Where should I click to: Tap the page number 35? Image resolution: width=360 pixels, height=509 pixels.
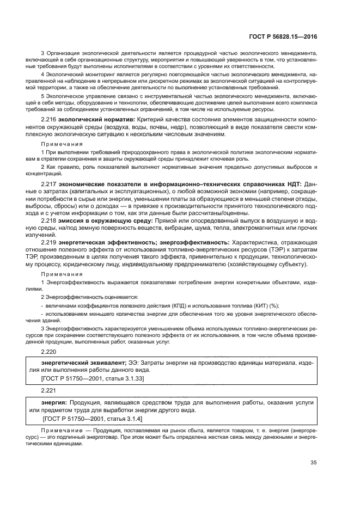(313, 463)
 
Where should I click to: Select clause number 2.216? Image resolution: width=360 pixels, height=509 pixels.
(50, 119)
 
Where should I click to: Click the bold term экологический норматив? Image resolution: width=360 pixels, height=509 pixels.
(93, 119)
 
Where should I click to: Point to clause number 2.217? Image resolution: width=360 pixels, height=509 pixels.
(50, 185)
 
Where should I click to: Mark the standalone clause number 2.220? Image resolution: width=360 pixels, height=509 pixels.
(49, 352)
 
